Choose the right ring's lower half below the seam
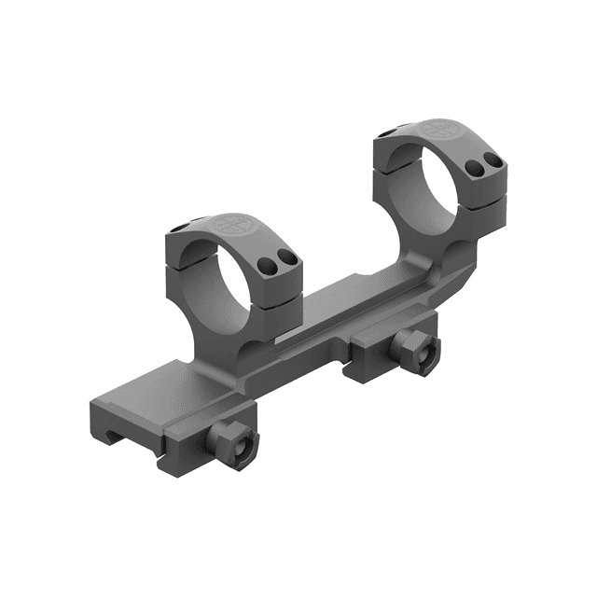tap(480, 219)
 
